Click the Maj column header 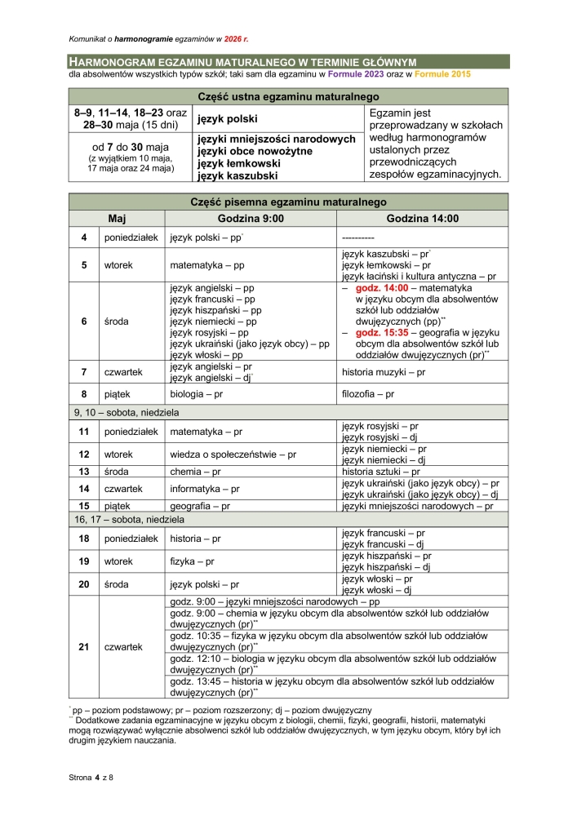117,219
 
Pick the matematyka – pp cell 207,265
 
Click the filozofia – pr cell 368,394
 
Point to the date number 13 84,471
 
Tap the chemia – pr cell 195,471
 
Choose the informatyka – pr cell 205,489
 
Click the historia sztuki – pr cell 380,471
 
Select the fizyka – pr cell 193,561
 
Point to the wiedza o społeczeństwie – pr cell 233,453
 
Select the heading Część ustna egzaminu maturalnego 288,96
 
